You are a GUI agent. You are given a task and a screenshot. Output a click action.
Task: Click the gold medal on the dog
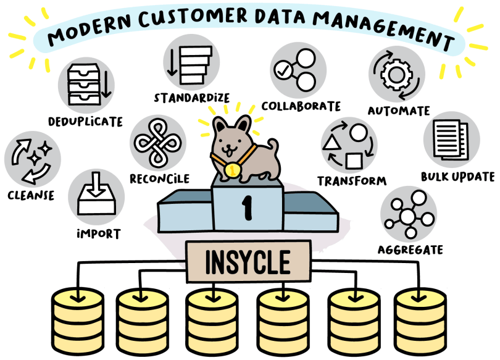(x=232, y=170)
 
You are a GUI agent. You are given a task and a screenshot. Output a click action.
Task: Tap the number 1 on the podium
(x=247, y=207)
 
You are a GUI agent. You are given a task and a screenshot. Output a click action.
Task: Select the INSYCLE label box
(x=248, y=261)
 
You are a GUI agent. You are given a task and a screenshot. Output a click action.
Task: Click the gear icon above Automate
(x=396, y=74)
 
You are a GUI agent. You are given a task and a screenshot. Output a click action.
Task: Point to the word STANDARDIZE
(x=191, y=98)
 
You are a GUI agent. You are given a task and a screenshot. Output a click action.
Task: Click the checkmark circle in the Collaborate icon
(x=283, y=70)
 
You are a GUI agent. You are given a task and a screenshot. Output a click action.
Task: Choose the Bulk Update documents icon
(x=451, y=140)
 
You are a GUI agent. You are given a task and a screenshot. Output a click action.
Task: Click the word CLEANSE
(x=31, y=195)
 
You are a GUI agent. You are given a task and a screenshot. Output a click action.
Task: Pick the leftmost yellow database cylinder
(x=78, y=322)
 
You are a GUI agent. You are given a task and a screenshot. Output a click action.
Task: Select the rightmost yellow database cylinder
(x=420, y=322)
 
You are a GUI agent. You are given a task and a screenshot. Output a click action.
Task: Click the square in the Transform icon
(x=354, y=161)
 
